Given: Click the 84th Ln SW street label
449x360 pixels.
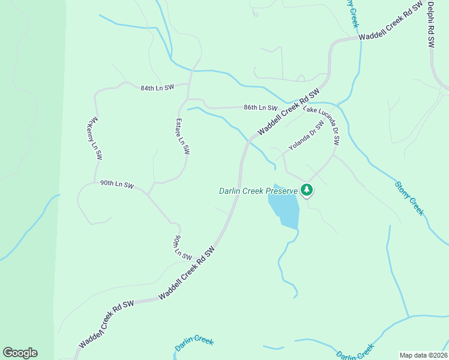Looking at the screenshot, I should tap(157, 88).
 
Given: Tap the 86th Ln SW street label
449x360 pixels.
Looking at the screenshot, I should tap(261, 108).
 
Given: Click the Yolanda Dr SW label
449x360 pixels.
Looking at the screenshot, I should tap(306, 135).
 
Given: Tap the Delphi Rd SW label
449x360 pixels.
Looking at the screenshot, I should tap(431, 25).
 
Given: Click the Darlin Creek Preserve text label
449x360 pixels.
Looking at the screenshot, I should tap(258, 191).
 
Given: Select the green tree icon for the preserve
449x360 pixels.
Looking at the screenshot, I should tap(307, 190).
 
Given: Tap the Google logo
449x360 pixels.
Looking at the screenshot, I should tap(20, 353).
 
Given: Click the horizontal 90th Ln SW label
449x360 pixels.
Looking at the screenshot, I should tap(116, 184).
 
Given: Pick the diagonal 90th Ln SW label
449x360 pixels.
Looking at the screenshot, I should tap(178, 247).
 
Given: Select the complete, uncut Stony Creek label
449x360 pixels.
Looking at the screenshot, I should tap(409, 198).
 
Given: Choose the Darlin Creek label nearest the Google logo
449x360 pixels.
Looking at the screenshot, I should tap(194, 344).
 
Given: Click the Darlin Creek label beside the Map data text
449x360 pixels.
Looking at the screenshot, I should tap(355, 353).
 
